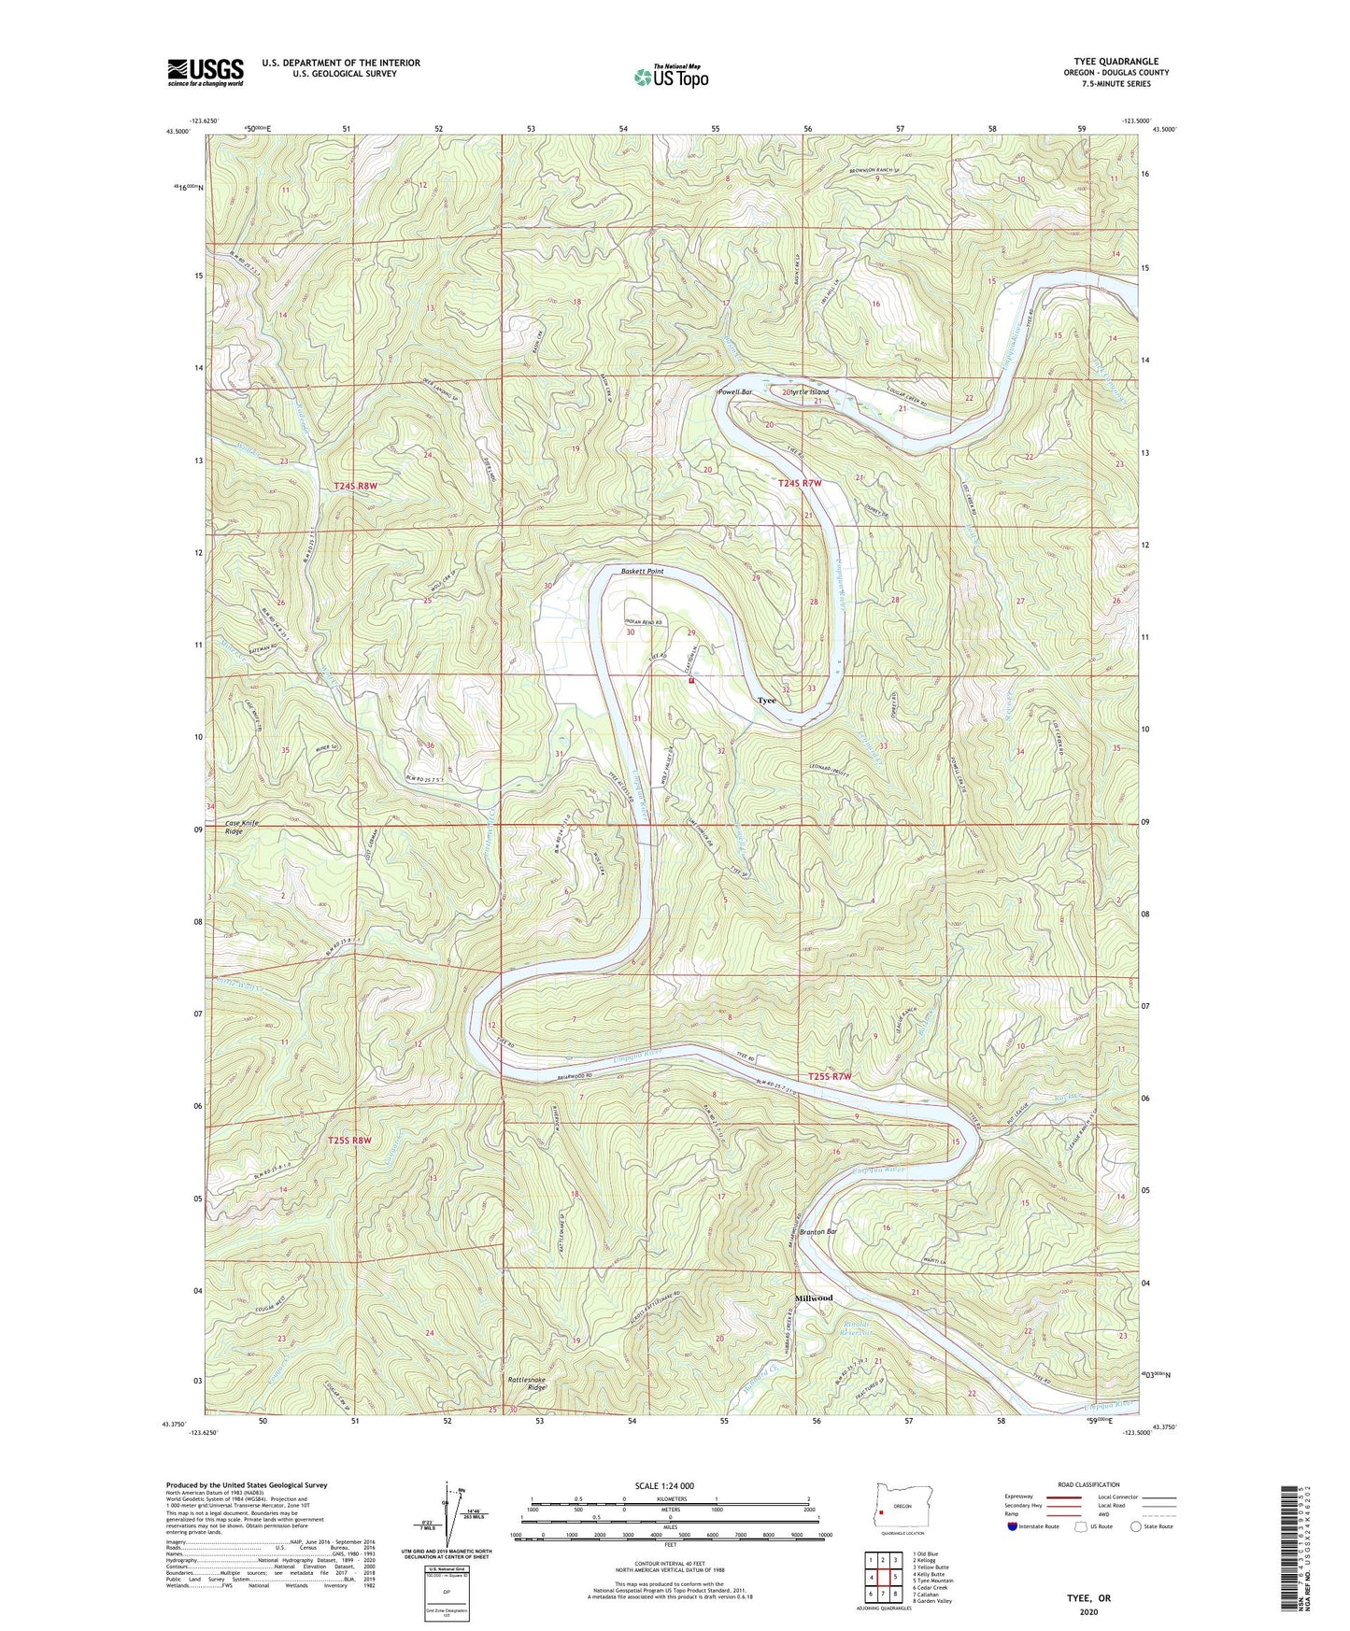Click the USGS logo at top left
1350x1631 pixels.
(206, 72)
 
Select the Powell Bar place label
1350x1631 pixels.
(735, 392)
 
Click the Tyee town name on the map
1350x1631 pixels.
(766, 701)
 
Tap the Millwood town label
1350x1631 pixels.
(813, 1298)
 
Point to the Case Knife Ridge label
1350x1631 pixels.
(241, 827)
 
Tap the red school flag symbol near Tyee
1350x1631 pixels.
(691, 681)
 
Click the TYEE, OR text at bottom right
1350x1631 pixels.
(1088, 1597)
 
